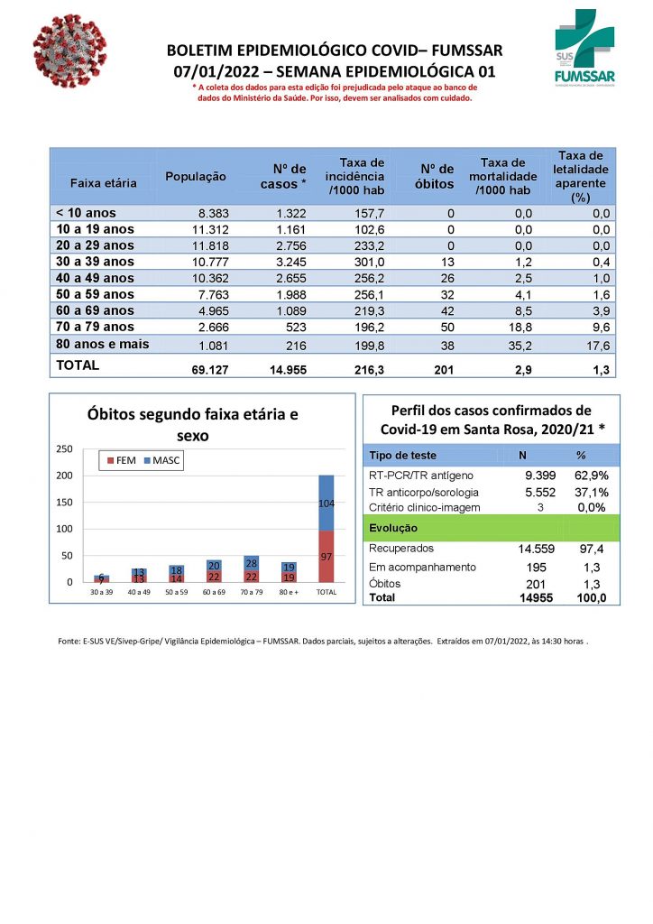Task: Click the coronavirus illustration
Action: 69,51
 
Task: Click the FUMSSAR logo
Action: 584,47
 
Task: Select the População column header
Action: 196,177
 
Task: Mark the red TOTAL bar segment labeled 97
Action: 326,556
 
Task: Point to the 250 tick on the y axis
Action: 64,448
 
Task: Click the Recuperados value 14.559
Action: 523,548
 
